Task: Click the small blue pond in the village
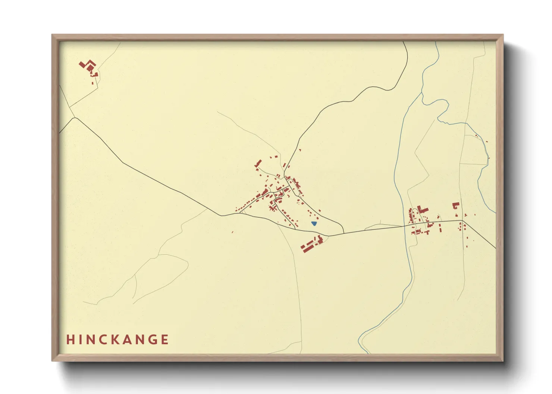pos(314,223)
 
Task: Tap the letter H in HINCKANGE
pos(70,340)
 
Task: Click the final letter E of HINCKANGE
pos(164,340)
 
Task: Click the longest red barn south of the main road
pos(308,246)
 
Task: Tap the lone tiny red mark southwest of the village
pos(232,232)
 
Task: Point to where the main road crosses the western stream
pos(405,226)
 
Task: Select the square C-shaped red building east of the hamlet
pos(455,206)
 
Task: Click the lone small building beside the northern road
pos(299,150)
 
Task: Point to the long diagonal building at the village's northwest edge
pos(258,163)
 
